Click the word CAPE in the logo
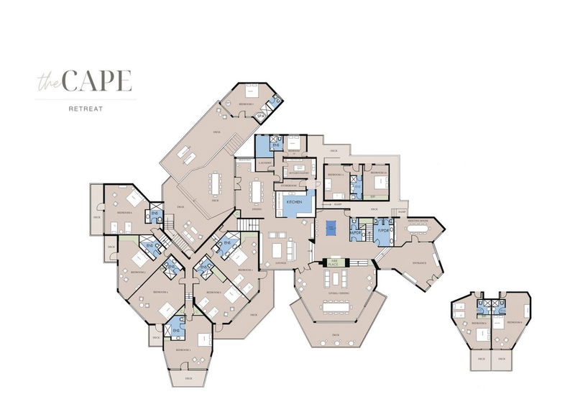point(98,81)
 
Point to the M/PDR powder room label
point(354,232)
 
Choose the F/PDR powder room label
point(382,232)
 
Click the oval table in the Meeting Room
point(425,231)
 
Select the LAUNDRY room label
point(263,163)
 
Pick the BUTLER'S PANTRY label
point(295,173)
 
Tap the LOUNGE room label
point(281,263)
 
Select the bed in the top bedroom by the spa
point(251,91)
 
